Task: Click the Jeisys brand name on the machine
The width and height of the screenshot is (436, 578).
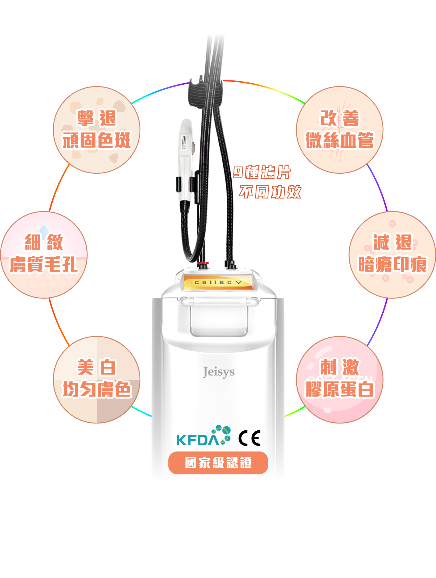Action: pyautogui.click(x=219, y=372)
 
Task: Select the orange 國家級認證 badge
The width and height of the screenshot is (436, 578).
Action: pyautogui.click(x=218, y=463)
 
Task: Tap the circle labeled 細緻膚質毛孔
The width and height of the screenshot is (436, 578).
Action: pyautogui.click(x=43, y=254)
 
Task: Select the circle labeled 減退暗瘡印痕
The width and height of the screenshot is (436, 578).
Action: pyautogui.click(x=392, y=254)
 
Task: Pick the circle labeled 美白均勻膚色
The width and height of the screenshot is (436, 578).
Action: pyautogui.click(x=97, y=379)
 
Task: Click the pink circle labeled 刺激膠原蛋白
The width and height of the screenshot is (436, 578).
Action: pyautogui.click(x=340, y=379)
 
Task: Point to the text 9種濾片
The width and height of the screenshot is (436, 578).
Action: pyautogui.click(x=262, y=173)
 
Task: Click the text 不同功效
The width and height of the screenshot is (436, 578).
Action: pyautogui.click(x=270, y=192)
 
